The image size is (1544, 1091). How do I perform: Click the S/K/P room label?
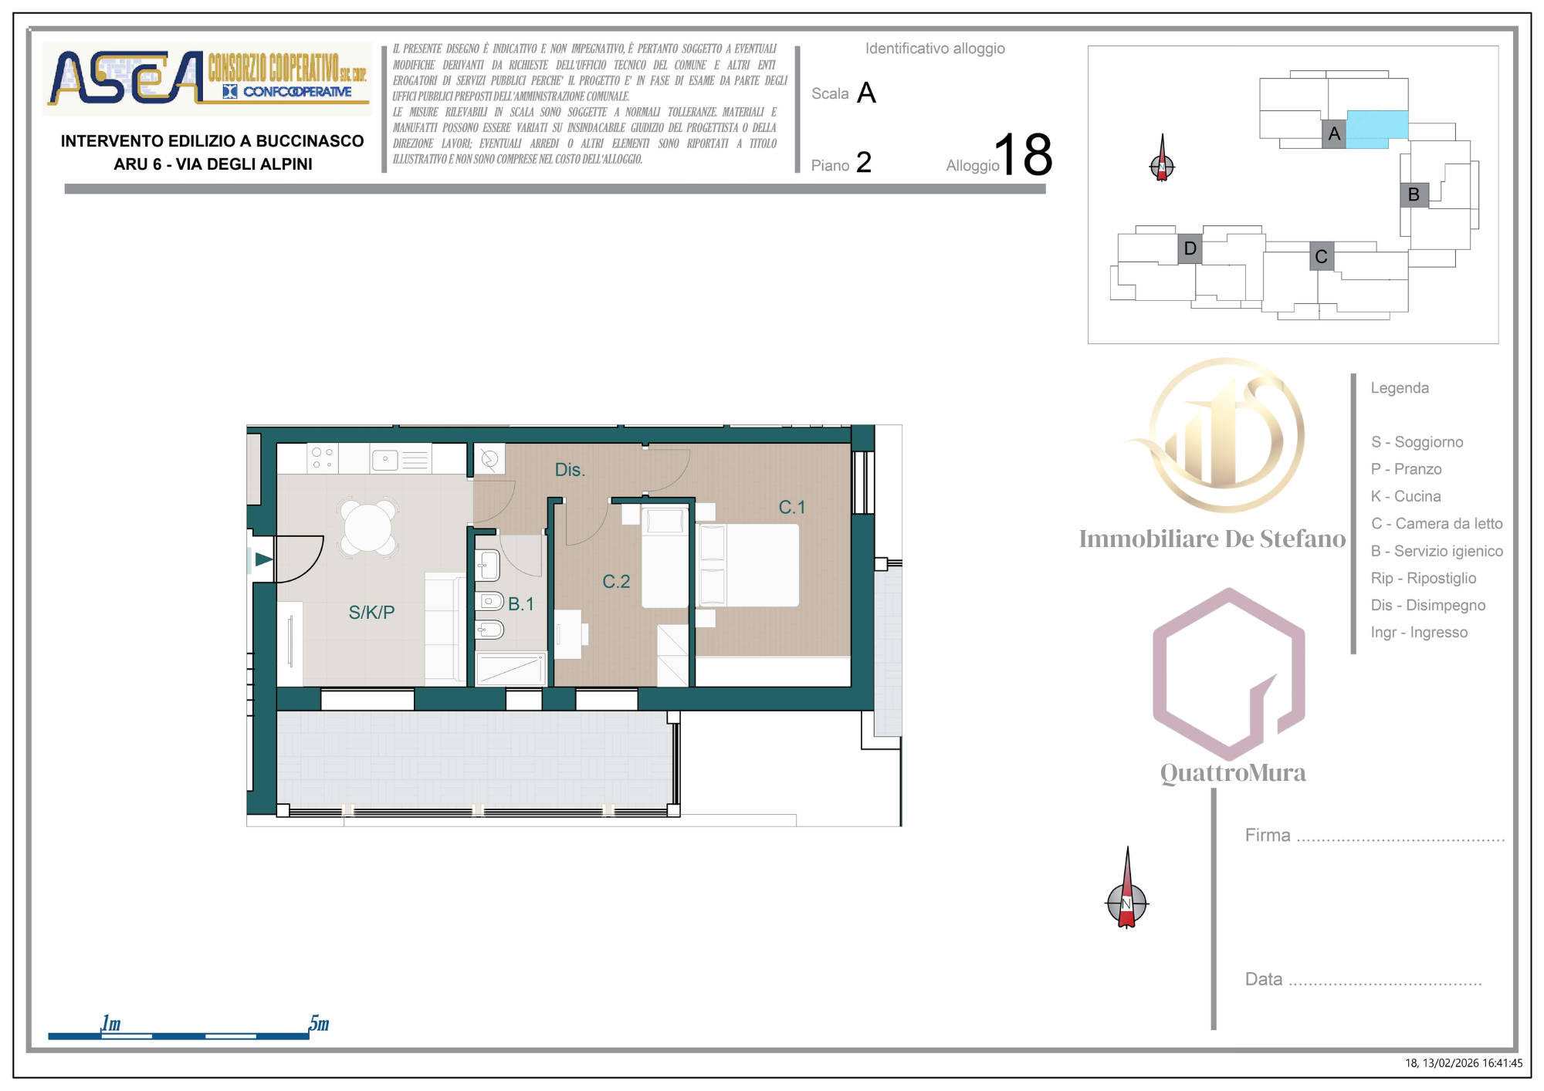[371, 613]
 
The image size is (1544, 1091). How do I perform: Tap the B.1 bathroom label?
[521, 604]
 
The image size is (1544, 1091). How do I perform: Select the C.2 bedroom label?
[616, 582]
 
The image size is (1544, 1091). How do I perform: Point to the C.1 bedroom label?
[792, 507]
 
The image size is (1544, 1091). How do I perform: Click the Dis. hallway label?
[570, 470]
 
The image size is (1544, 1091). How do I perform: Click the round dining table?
[368, 528]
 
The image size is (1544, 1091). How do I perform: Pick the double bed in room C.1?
[747, 566]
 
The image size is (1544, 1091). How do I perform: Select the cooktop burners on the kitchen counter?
[323, 458]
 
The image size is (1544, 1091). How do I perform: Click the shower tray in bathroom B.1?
[511, 669]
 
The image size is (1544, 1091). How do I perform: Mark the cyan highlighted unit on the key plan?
[1377, 129]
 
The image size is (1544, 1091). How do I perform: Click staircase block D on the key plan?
[1190, 248]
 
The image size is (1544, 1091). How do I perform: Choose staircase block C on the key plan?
[1322, 256]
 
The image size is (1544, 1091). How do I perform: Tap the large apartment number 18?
[1023, 154]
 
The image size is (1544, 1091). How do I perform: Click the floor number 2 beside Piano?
[864, 162]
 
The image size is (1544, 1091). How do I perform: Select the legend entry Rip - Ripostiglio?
[1424, 578]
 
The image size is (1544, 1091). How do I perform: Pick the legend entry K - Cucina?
[1406, 496]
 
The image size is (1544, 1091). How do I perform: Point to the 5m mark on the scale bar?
[319, 1024]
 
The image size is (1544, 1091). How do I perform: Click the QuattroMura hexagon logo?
[1229, 674]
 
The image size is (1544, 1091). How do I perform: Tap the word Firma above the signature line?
[1268, 835]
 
